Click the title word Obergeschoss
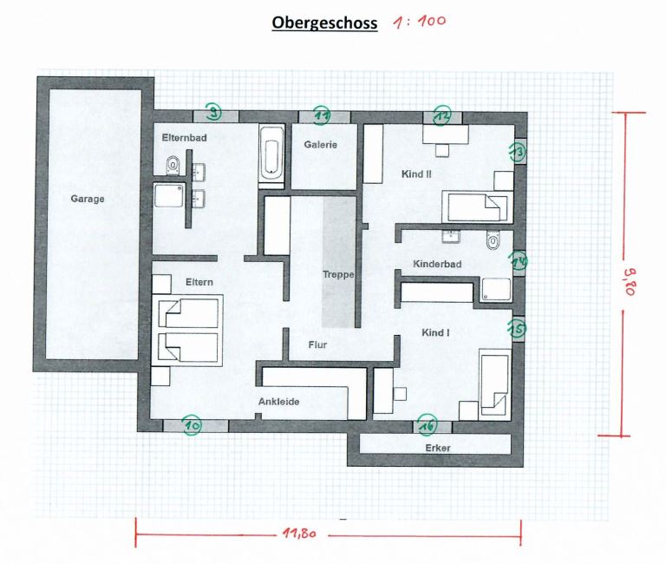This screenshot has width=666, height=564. (x=324, y=23)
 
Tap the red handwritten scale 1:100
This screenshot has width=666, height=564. (x=420, y=21)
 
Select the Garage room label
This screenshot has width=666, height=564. (x=88, y=199)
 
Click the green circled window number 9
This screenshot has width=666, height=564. (x=213, y=112)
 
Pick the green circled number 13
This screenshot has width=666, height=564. (x=518, y=152)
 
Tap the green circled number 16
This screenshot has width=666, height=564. (x=428, y=425)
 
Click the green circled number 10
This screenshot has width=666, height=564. (x=192, y=425)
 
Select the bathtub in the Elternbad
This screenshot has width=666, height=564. (x=271, y=156)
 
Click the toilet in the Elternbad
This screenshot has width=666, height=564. (x=173, y=165)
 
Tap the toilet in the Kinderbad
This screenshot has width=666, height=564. (x=493, y=240)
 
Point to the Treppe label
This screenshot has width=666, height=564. (x=338, y=274)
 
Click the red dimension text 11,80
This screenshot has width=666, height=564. (x=300, y=533)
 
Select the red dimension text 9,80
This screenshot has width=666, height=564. (x=630, y=281)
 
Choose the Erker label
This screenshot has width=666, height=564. (x=437, y=448)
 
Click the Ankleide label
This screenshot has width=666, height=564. (x=279, y=402)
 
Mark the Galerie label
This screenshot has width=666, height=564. (x=321, y=145)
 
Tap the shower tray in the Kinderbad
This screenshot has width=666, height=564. (x=496, y=290)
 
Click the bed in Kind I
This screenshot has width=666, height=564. (x=495, y=382)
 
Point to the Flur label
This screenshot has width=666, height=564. (x=317, y=344)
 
